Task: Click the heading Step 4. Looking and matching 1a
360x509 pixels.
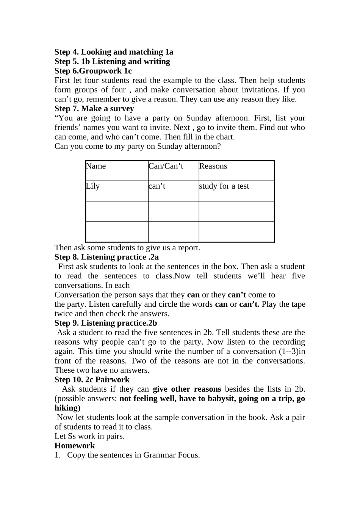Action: (114, 52)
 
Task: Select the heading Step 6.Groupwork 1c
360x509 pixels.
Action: (93, 71)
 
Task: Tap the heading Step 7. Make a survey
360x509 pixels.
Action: (94, 109)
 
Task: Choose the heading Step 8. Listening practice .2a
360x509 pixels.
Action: (106, 257)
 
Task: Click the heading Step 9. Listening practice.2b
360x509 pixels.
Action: (105, 323)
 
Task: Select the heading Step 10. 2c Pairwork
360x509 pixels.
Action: (92, 379)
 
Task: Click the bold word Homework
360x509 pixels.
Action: (75, 445)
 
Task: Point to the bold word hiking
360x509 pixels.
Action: (66, 408)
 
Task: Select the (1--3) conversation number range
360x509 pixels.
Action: (288, 351)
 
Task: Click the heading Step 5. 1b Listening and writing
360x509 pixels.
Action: (112, 61)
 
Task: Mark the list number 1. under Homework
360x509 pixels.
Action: (57, 455)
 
